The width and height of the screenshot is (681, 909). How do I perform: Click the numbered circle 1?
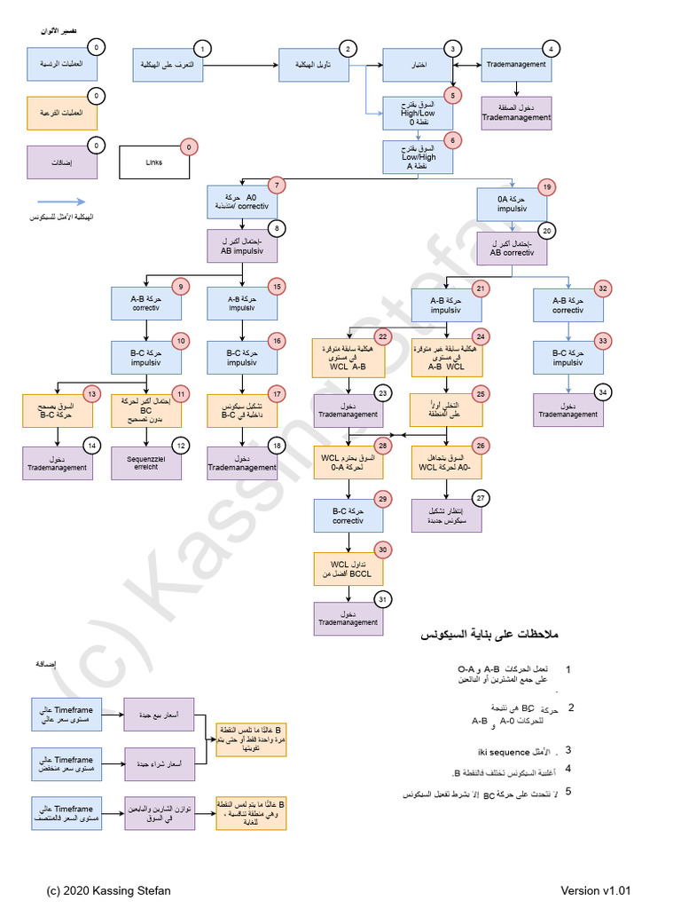pyautogui.click(x=203, y=50)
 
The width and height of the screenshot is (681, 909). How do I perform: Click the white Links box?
pyautogui.click(x=153, y=163)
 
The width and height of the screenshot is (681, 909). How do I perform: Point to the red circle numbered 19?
pyautogui.click(x=548, y=186)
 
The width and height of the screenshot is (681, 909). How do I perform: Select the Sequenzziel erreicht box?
pyautogui.click(x=146, y=462)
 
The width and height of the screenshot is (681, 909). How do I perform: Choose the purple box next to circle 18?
pyautogui.click(x=242, y=462)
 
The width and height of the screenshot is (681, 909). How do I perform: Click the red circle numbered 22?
pyautogui.click(x=382, y=337)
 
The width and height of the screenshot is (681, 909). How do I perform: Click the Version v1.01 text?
pyautogui.click(x=595, y=890)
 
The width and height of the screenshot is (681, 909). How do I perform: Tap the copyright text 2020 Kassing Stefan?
pyautogui.click(x=109, y=890)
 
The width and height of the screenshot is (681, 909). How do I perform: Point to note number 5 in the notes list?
pyautogui.click(x=567, y=791)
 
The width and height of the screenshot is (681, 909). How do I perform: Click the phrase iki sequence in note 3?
pyautogui.click(x=505, y=749)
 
